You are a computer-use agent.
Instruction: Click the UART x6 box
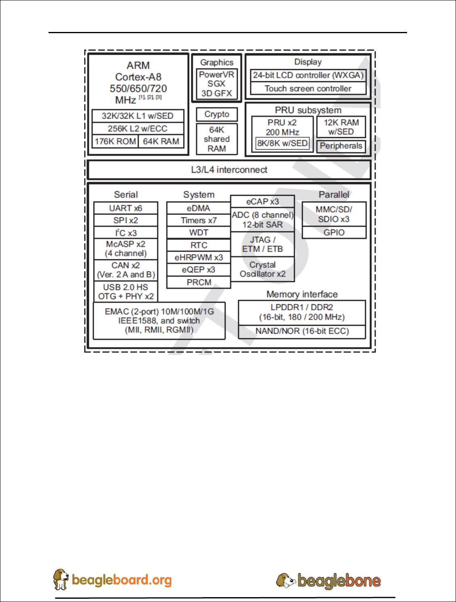[126, 208]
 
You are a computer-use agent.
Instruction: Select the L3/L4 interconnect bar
[229, 170]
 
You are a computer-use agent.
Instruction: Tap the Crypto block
[217, 114]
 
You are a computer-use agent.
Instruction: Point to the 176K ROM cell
[115, 142]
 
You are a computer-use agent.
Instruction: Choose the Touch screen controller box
[308, 89]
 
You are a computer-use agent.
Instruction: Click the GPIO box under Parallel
[334, 233]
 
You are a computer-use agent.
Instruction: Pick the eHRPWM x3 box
[198, 257]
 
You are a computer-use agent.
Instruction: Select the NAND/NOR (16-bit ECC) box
[302, 331]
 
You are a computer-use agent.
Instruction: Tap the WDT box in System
[198, 233]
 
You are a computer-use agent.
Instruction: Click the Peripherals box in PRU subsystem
[341, 146]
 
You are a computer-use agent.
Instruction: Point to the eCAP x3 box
[262, 201]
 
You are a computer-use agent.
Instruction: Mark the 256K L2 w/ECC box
[137, 129]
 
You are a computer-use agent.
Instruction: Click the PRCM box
[198, 282]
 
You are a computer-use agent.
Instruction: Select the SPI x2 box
[126, 220]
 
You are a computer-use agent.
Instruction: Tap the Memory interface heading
[302, 294]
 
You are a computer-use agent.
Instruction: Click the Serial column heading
[126, 195]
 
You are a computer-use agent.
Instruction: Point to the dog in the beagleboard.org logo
[61, 579]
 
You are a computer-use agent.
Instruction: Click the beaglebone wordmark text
[339, 581]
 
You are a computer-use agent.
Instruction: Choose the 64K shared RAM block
[217, 139]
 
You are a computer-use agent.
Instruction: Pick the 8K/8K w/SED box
[283, 143]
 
